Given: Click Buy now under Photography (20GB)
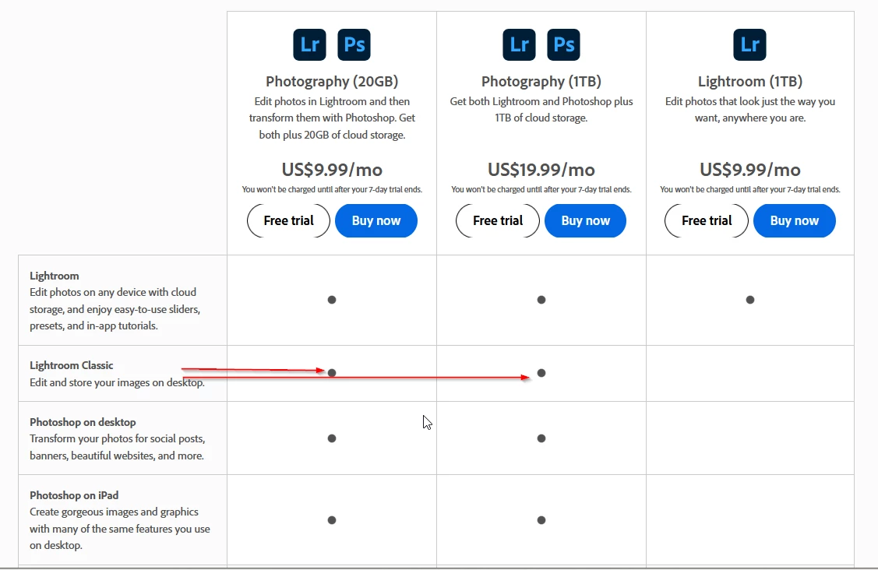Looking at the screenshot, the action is click(x=376, y=220).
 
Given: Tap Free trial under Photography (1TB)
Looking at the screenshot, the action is click(x=498, y=220).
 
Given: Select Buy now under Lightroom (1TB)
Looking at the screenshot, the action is click(x=795, y=220).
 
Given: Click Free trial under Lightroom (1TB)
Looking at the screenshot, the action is click(x=707, y=220).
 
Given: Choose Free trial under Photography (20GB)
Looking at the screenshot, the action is click(x=289, y=220).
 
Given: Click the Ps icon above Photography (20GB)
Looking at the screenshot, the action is click(x=354, y=44).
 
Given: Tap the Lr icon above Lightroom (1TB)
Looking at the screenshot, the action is click(x=749, y=44).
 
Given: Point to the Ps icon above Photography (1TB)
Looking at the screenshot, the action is click(x=563, y=44).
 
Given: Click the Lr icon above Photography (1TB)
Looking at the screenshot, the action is click(x=519, y=44).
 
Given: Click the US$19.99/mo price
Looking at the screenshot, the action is click(x=541, y=169).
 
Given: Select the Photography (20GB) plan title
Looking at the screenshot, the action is click(x=332, y=82).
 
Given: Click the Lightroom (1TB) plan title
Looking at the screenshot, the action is click(x=750, y=82).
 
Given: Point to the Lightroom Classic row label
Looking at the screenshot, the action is click(x=71, y=365).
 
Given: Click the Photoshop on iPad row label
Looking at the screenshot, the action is click(x=74, y=495).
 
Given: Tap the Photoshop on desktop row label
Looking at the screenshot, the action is click(x=83, y=422).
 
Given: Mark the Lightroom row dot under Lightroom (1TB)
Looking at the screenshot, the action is click(x=750, y=300).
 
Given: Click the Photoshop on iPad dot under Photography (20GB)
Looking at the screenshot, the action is click(x=332, y=520).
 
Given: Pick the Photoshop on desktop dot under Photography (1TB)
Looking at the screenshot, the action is click(x=541, y=438).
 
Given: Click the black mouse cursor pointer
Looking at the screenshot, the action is click(x=427, y=422).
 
